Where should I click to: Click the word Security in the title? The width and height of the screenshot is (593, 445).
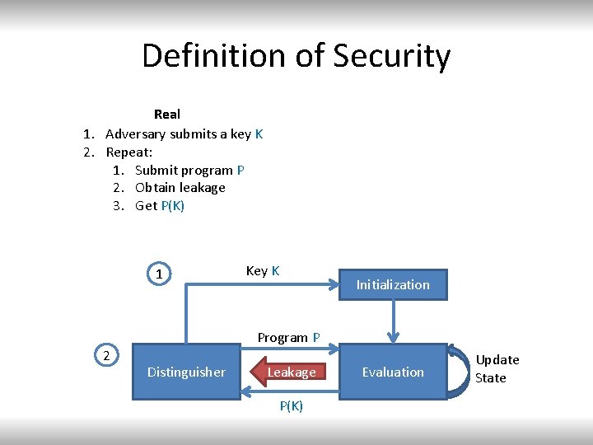point(392,56)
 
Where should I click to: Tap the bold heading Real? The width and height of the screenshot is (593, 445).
point(167,114)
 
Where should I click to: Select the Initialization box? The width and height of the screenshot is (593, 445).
point(393,284)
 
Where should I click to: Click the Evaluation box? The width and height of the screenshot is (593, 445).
point(393,372)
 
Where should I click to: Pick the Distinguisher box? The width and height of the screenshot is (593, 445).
point(186,372)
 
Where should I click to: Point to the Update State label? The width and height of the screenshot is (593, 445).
point(497,368)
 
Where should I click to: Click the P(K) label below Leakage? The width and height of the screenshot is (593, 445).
point(292,405)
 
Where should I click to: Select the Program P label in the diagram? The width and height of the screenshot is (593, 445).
point(288,337)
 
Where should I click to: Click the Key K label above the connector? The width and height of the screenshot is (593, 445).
point(263,270)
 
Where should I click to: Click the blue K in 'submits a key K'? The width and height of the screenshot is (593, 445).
point(259,133)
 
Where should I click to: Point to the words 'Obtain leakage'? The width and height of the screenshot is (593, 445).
point(180,187)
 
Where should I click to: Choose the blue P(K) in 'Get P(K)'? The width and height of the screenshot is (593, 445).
point(173,205)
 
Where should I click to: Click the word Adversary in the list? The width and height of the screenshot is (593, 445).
point(136,133)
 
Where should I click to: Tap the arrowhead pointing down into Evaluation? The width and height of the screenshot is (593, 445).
point(394,335)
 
